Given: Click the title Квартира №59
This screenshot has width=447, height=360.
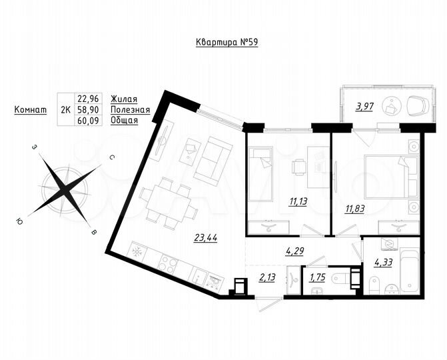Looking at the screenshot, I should [x=227, y=43].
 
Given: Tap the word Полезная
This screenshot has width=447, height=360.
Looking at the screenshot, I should [x=131, y=109].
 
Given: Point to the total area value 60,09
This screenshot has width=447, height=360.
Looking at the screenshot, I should [x=88, y=121].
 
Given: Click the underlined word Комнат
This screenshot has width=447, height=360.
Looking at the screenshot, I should [x=30, y=109].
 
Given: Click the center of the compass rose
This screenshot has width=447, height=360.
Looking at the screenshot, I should [x=65, y=189].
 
